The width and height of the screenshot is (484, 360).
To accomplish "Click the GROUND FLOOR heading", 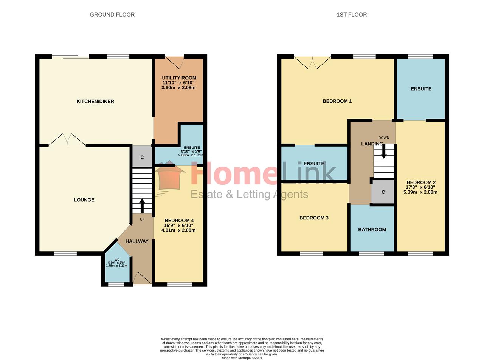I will point(112,15).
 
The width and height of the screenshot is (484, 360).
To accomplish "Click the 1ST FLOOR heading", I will point(352,15).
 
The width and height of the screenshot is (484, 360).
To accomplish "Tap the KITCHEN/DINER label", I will point(95,101).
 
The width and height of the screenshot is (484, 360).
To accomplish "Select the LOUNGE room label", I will point(84,200).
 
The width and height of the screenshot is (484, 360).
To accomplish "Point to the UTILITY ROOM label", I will point(179,78).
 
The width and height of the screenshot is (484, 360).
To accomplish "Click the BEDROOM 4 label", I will point(179,221).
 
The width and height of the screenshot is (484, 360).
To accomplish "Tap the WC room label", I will point(117,260).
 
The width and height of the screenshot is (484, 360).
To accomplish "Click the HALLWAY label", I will point(137,241).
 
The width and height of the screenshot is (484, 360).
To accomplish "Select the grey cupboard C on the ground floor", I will point(142,157).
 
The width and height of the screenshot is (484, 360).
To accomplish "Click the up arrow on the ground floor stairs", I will point(142,206).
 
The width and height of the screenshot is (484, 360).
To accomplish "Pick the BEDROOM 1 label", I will point(337,101).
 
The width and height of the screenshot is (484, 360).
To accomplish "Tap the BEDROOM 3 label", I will point(314,218).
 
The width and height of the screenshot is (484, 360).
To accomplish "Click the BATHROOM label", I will point(372,230).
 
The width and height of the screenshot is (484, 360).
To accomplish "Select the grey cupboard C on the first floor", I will point(383,192).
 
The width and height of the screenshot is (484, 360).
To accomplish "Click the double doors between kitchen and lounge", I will point(67,140).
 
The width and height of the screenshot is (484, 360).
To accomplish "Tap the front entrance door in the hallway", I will point(142,278).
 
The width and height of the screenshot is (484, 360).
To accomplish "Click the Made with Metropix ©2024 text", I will point(242,358).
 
